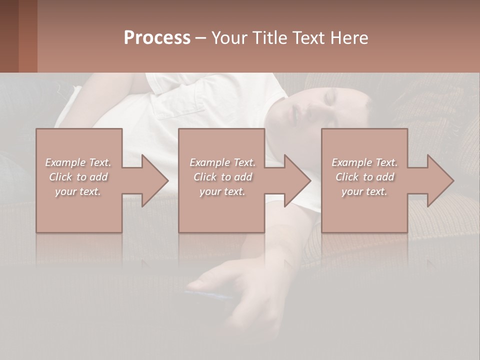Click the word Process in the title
(157, 38)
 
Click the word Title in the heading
(270, 38)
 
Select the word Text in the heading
(308, 38)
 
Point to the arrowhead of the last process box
(438, 180)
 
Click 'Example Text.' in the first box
(78, 162)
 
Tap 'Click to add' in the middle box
(222, 177)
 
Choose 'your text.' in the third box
(364, 191)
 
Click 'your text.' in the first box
(78, 191)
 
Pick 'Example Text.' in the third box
(364, 162)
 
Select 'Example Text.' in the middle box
(222, 162)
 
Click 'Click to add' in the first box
(78, 177)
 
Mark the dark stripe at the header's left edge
(9, 36)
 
